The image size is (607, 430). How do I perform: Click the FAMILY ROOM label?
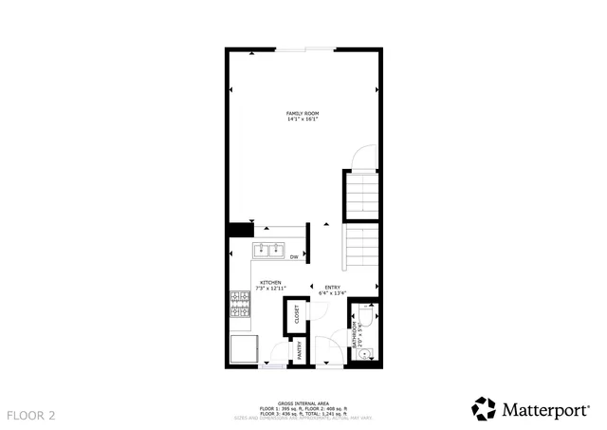pyautogui.click(x=303, y=113)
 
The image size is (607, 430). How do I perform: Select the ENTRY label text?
pyautogui.click(x=333, y=288)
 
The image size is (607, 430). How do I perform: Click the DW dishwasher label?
pyautogui.click(x=294, y=256)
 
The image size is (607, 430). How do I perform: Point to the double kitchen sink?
pyautogui.click(x=269, y=251)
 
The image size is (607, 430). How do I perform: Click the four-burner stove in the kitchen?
pyautogui.click(x=238, y=304)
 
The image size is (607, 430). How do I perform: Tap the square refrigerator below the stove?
pyautogui.click(x=243, y=348)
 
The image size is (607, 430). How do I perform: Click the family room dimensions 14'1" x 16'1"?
pyautogui.click(x=303, y=120)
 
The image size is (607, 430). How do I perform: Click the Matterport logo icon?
pyautogui.click(x=484, y=409)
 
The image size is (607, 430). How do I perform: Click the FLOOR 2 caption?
pyautogui.click(x=31, y=415)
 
